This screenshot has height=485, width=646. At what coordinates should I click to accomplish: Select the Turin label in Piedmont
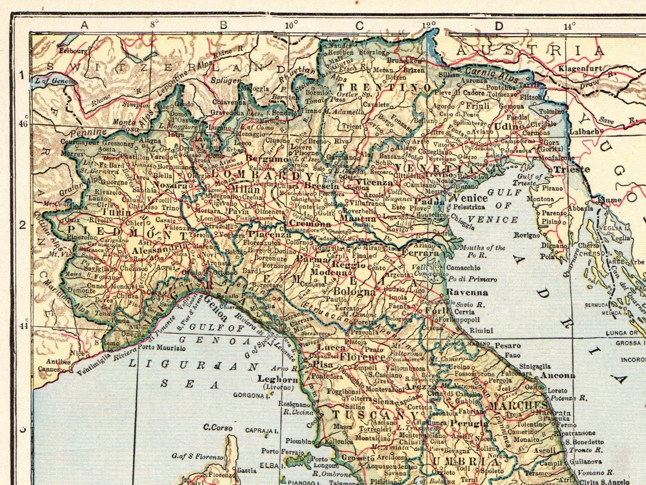click(116, 213)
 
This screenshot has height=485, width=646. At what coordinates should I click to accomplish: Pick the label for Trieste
click(572, 169)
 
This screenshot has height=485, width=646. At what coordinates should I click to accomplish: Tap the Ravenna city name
click(467, 292)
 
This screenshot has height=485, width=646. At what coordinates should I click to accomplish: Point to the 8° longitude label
click(154, 25)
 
